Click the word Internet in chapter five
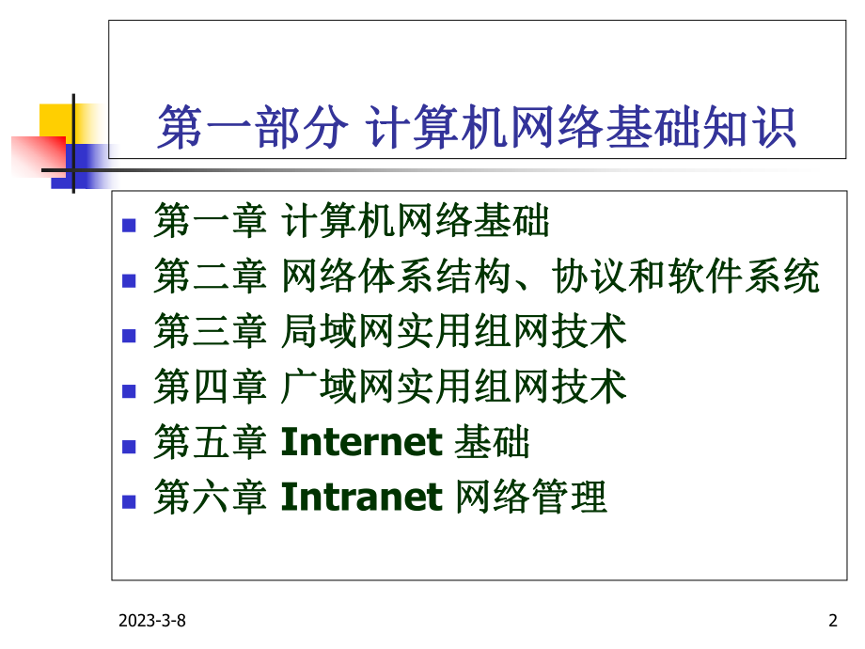tap(361, 442)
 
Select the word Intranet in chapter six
tap(361, 497)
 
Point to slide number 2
tap(832, 620)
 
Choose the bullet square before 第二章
tap(132, 278)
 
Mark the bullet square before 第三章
tap(132, 333)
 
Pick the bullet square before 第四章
tap(132, 388)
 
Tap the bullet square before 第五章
tap(132, 442)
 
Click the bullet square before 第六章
tap(132, 497)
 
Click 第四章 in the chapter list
tap(210, 388)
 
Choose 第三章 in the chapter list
tap(210, 333)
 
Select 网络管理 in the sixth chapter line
tap(530, 497)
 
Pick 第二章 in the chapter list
tap(210, 278)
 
